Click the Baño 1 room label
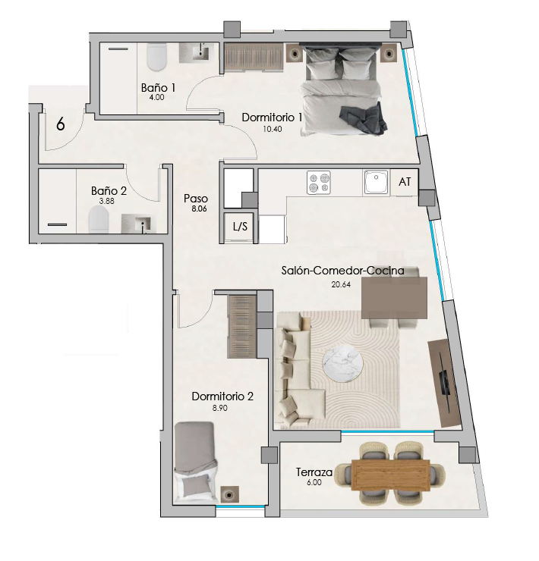coord(158,88)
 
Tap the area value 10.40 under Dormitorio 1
coord(273,129)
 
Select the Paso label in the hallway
coord(196,199)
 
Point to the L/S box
coord(240,227)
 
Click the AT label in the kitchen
coord(405,182)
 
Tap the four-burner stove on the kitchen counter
coord(319,183)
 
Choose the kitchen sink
coord(376,183)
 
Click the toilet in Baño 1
coord(157,57)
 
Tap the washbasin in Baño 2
coord(139,224)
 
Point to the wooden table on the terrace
coord(391,475)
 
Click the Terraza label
coord(314,472)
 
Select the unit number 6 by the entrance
coord(61,124)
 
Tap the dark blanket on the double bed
coord(363,120)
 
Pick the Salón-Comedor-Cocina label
coord(342,271)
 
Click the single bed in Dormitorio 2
coord(196,463)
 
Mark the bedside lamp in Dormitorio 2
coord(229,495)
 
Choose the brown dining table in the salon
coord(394,297)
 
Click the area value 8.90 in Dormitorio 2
coord(219,408)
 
